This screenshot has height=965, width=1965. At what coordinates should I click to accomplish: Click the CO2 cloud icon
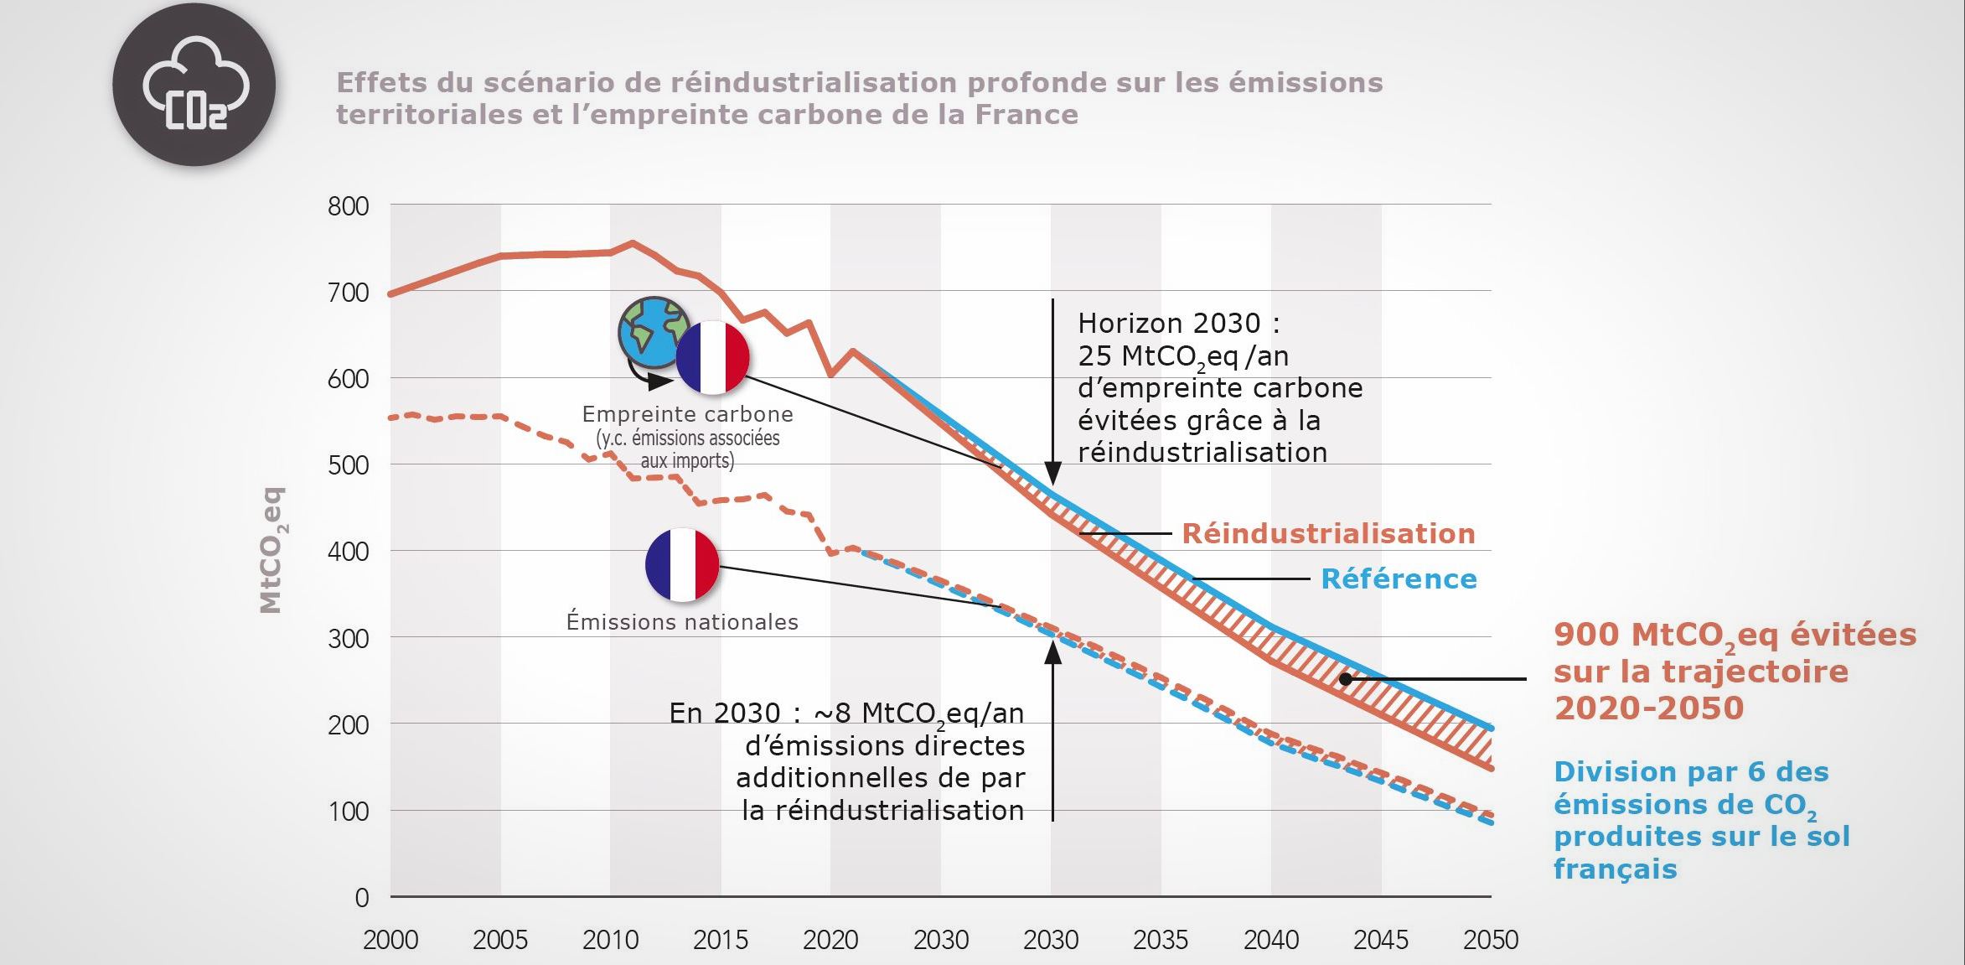click(x=194, y=85)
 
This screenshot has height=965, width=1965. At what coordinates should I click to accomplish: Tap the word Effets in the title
click(x=375, y=82)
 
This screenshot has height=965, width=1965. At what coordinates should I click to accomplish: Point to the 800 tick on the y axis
click(x=348, y=206)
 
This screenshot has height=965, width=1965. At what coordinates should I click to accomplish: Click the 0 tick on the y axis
click(x=361, y=898)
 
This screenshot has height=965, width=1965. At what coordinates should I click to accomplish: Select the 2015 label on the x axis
click(x=720, y=940)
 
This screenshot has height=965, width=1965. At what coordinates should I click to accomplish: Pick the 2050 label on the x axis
click(x=1490, y=940)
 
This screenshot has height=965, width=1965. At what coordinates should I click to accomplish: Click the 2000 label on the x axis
click(x=390, y=940)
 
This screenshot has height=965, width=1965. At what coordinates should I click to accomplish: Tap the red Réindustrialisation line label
click(x=1328, y=534)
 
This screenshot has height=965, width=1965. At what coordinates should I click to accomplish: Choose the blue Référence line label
click(x=1399, y=579)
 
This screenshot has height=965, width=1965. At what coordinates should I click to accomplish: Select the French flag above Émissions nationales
click(x=682, y=565)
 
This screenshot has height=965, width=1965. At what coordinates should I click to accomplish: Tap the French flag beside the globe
click(x=712, y=357)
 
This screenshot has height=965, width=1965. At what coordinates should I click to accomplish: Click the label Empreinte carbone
click(x=687, y=414)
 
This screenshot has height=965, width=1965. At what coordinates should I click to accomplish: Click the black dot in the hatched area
click(x=1345, y=679)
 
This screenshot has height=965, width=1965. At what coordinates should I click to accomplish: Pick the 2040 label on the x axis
click(x=1270, y=940)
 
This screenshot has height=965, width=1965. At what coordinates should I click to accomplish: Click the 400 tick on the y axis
click(x=348, y=552)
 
